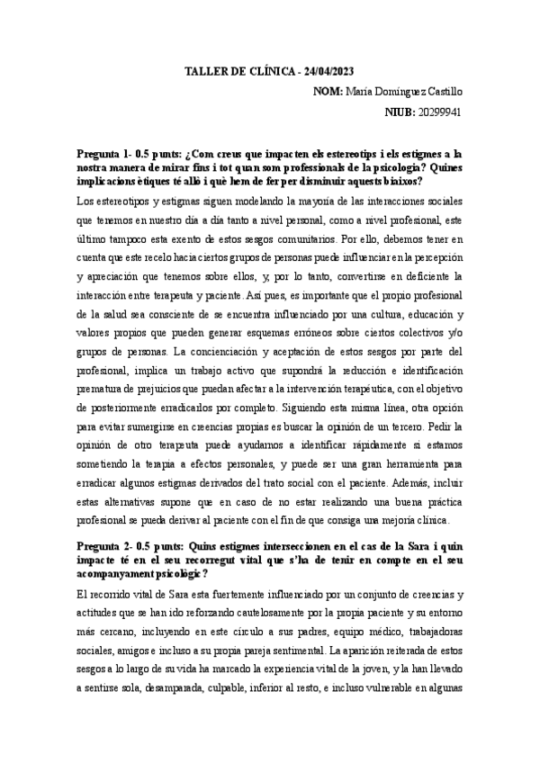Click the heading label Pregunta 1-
coord(104,154)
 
